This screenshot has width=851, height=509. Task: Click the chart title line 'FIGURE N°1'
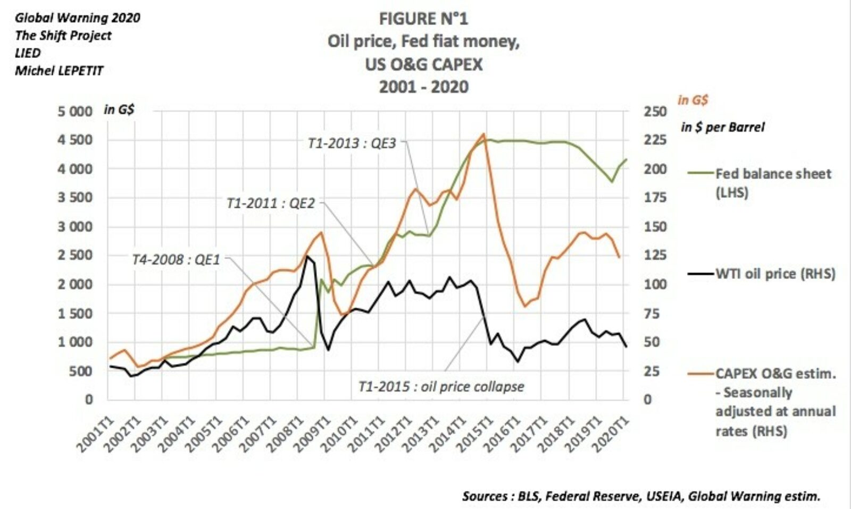click(423, 19)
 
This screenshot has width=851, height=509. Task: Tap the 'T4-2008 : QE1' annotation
click(176, 260)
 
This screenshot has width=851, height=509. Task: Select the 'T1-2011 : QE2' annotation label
click(270, 203)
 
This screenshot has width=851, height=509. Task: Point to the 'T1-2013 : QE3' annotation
click(352, 143)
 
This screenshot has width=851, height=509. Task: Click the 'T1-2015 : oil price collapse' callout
click(441, 387)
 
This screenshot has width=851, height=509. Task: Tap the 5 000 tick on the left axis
click(75, 112)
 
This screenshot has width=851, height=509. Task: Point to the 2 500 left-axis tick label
click(75, 255)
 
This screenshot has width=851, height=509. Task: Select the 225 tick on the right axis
click(655, 140)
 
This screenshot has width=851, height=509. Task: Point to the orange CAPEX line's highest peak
click(483, 134)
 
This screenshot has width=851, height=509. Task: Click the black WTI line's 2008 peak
click(306, 257)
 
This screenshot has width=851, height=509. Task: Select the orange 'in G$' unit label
click(693, 100)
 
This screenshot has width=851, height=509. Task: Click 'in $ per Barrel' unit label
click(722, 128)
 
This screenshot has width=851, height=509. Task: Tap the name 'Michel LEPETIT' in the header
click(59, 71)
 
